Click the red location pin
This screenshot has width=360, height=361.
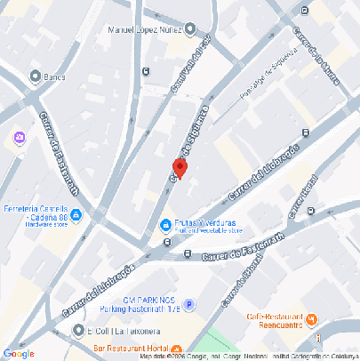click(179, 168)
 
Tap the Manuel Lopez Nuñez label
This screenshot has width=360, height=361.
click(145, 30)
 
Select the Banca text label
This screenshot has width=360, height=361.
click(54, 76)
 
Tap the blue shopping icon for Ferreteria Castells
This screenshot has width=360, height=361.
click(76, 213)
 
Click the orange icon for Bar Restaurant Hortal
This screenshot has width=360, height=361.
click(177, 349)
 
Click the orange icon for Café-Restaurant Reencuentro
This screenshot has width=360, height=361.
click(311, 319)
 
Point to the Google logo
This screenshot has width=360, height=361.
click(19, 353)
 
